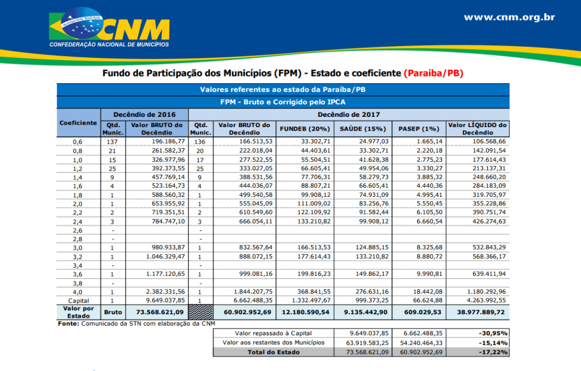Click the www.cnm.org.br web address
[x=509, y=17]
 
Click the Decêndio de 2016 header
[x=144, y=114]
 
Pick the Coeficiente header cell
[x=78, y=123]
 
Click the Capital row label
[x=79, y=300]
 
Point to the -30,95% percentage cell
[x=492, y=333]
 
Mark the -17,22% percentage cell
[x=492, y=352]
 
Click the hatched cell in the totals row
[x=200, y=312]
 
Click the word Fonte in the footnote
[x=69, y=323]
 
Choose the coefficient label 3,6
[x=78, y=274]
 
